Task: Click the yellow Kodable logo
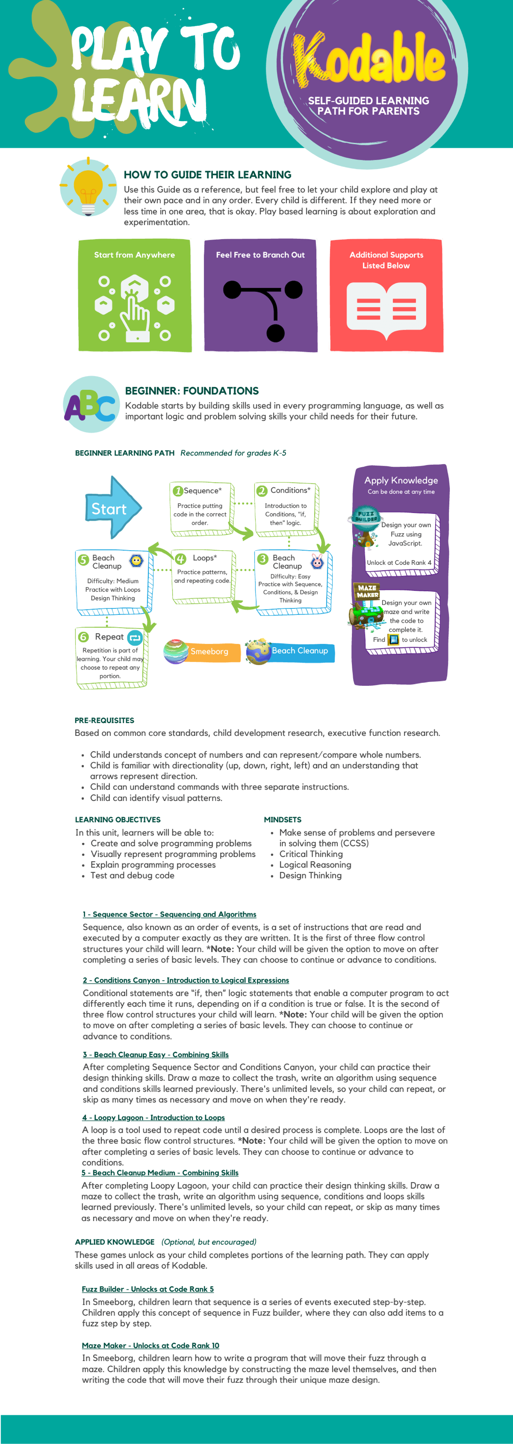[368, 59]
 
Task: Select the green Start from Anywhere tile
[134, 295]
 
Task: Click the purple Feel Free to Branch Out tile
[260, 295]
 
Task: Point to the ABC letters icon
[90, 405]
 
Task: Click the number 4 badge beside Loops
[180, 559]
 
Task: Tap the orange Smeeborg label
[209, 651]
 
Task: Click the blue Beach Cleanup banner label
[300, 651]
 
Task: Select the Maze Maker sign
[367, 591]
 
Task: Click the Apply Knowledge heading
[401, 480]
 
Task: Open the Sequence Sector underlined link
[169, 914]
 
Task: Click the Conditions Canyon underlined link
[186, 980]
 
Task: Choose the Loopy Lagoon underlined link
[153, 1117]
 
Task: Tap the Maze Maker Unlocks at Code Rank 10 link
[150, 1345]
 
